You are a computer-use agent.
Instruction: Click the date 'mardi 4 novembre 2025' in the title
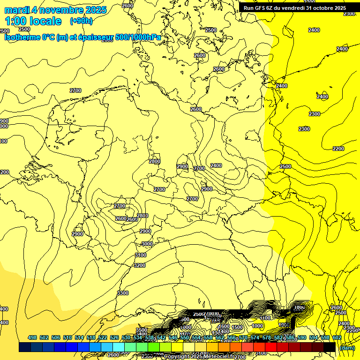point(55,10)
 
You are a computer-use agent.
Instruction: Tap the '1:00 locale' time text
point(33,21)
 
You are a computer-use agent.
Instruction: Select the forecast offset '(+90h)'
point(81,21)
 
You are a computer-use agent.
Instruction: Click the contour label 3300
point(123,293)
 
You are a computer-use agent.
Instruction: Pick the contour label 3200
point(139,265)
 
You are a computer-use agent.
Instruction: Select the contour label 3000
point(147,244)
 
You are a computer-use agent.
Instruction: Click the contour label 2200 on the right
point(338,149)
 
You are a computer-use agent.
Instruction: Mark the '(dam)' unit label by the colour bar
point(346,348)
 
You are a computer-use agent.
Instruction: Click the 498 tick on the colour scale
point(32,337)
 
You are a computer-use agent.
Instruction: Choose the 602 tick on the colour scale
point(337,337)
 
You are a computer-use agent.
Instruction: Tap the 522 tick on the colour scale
point(103,337)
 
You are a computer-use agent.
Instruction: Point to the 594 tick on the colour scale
point(314,337)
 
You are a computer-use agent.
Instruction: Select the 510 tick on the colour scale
point(67,337)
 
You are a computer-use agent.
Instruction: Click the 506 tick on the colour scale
point(56,337)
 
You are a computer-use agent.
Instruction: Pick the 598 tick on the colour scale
point(325,337)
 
